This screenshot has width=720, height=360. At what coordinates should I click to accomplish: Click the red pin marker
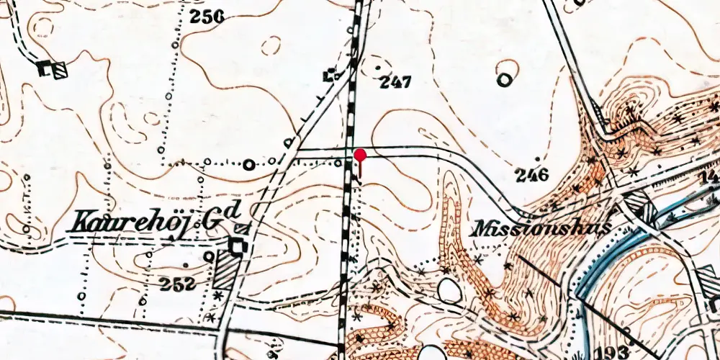point(360,156)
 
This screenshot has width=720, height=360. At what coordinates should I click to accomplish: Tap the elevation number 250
point(207,15)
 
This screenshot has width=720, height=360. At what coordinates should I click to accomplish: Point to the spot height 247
point(395,83)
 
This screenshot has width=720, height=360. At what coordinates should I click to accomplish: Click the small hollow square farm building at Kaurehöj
point(237,246)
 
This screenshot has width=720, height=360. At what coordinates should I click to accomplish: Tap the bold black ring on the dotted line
point(250,164)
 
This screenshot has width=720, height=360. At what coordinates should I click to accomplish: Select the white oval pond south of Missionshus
point(450,291)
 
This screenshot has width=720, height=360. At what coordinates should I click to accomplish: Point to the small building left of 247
point(330,74)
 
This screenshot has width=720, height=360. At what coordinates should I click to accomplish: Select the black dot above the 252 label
point(209,255)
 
